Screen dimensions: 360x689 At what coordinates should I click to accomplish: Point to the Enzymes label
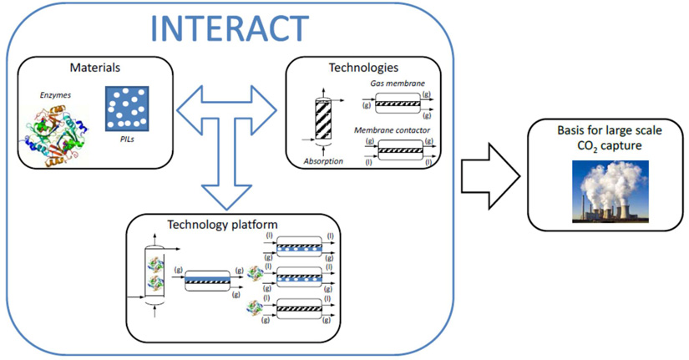point(53,96)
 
